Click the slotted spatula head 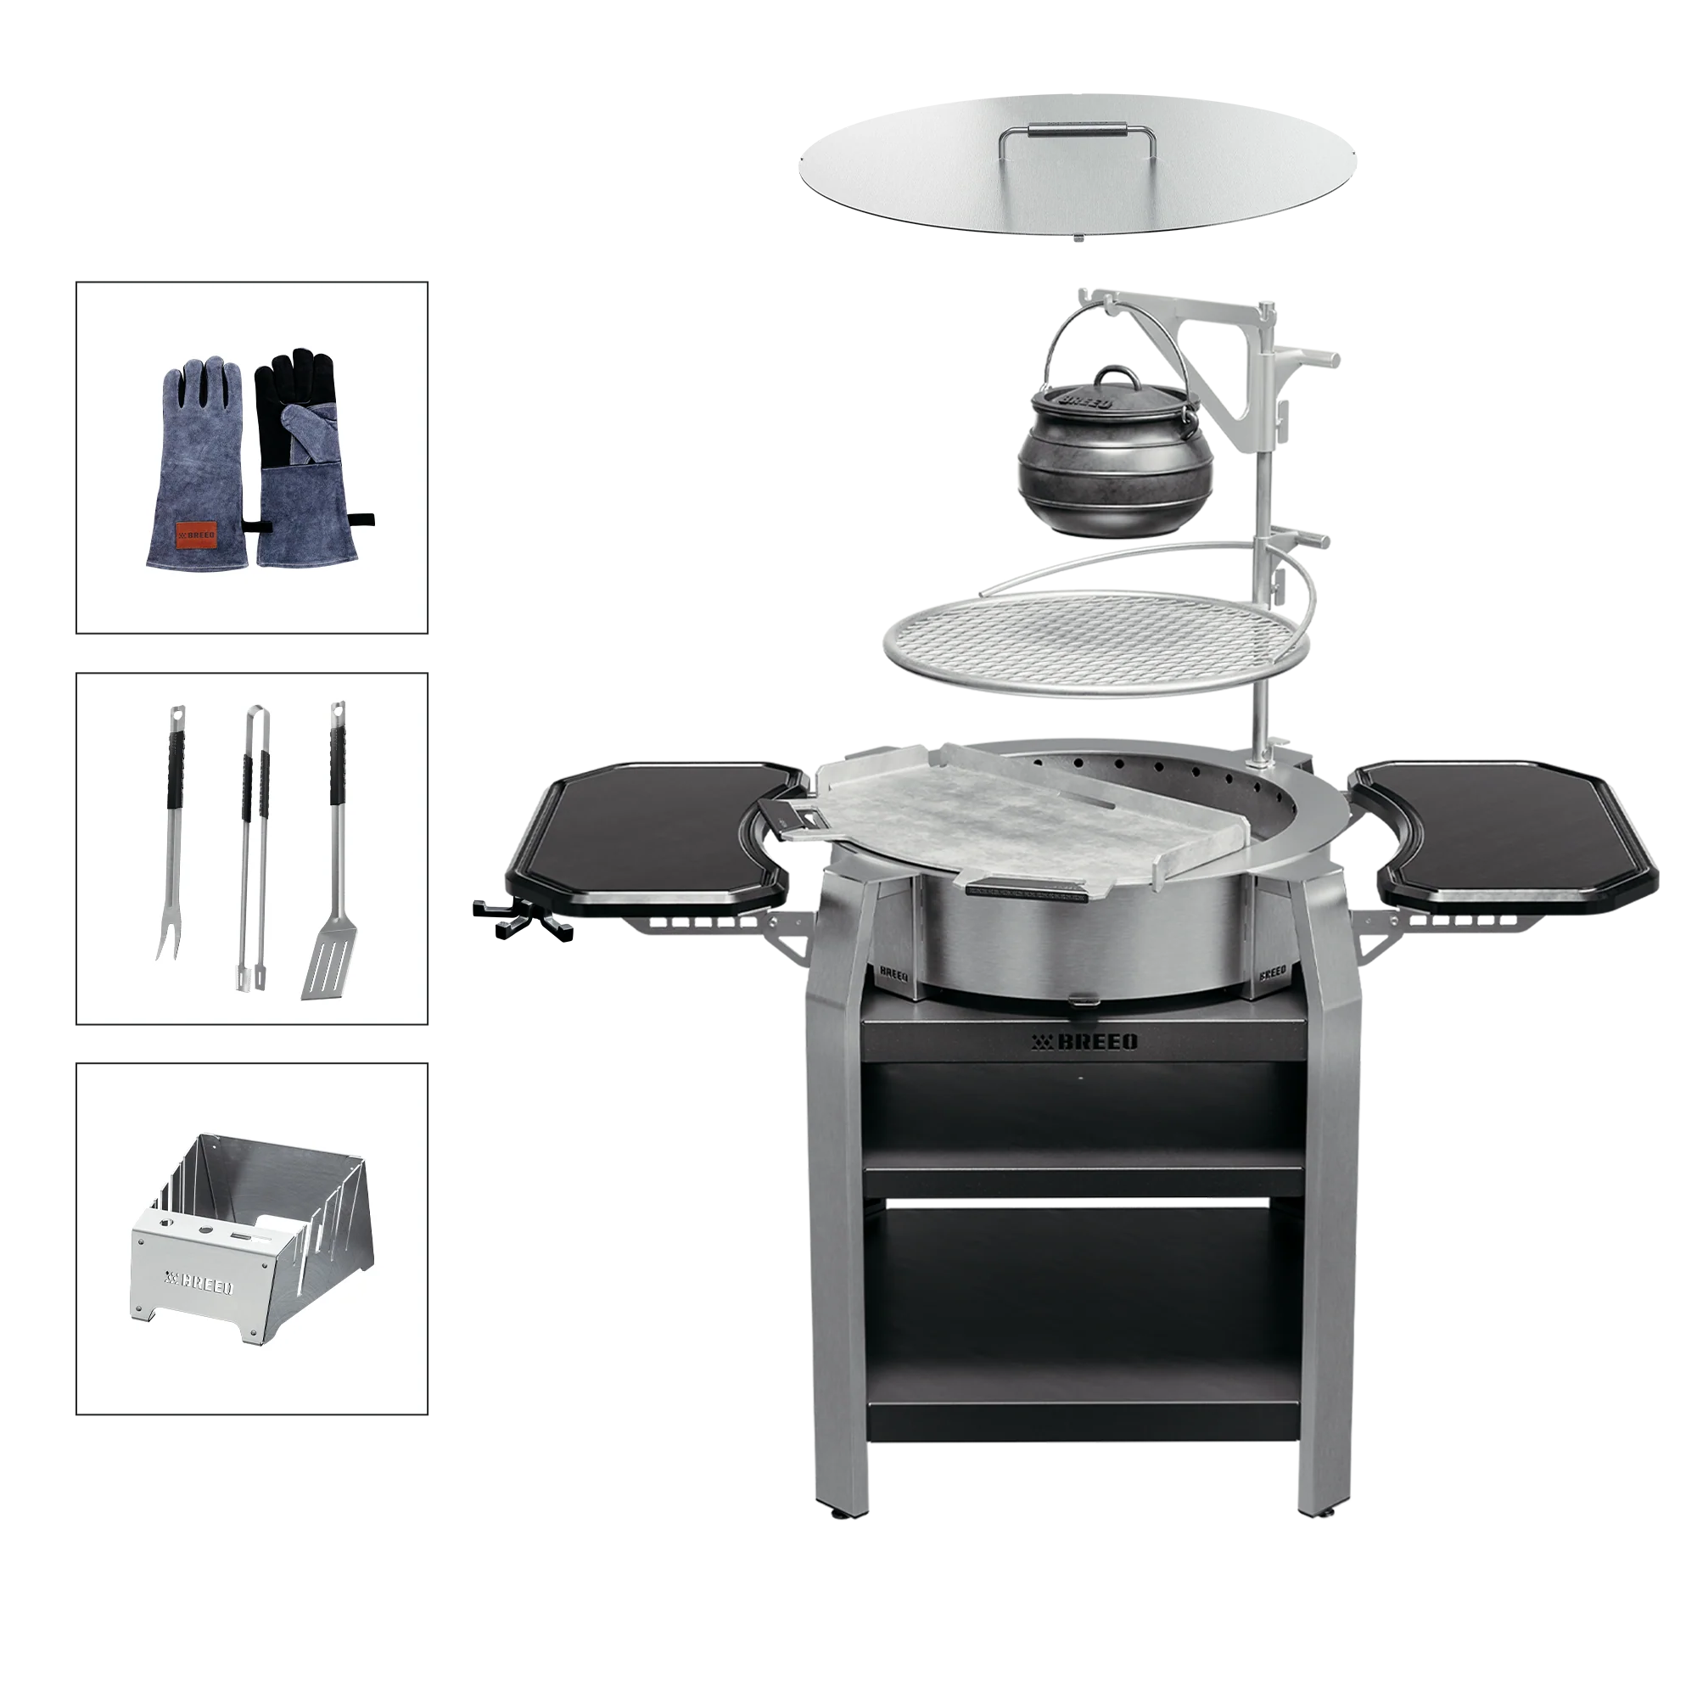(x=324, y=966)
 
